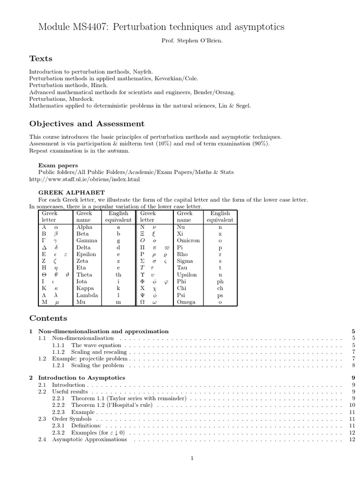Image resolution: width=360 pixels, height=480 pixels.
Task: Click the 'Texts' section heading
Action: tap(41, 59)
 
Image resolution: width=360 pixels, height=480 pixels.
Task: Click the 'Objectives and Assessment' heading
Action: tap(87, 124)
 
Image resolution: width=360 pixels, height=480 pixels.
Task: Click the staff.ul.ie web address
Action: tap(84, 179)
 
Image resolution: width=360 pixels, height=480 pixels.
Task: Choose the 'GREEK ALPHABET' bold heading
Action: tap(71, 193)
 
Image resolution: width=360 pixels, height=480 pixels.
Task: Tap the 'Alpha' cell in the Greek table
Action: tap(84, 227)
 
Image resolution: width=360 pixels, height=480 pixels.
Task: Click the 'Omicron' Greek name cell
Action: tap(188, 240)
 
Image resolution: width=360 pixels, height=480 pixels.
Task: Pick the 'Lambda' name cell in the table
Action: tap(87, 295)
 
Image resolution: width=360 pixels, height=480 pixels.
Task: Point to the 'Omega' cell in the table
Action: tap(186, 302)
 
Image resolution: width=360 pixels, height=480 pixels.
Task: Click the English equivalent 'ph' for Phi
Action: tap(220, 282)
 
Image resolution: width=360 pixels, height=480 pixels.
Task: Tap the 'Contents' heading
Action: tap(48, 318)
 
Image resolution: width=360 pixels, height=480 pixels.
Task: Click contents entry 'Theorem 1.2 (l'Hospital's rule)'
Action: tap(114, 405)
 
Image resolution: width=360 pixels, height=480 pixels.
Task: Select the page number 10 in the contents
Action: tap(352, 405)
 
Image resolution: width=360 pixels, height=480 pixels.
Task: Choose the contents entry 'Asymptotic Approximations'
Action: tap(89, 439)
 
